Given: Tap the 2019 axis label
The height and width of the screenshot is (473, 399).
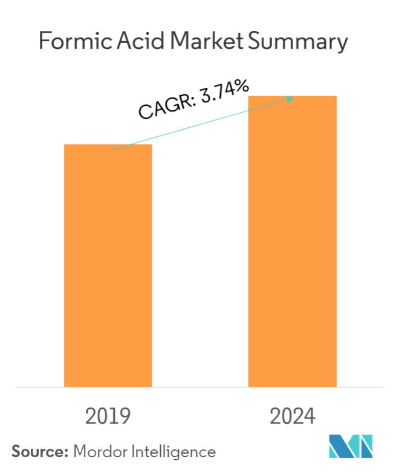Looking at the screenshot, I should pyautogui.click(x=108, y=416).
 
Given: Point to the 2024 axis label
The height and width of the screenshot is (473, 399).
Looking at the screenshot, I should pyautogui.click(x=292, y=416).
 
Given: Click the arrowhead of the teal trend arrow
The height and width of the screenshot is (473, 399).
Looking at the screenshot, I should pyautogui.click(x=291, y=98).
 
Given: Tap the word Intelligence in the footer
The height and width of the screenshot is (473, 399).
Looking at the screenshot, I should pyautogui.click(x=175, y=452).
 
